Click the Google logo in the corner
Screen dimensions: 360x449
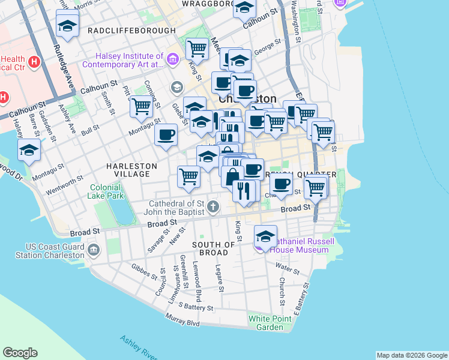pos(20,353)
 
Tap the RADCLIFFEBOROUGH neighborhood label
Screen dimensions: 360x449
pos(131,31)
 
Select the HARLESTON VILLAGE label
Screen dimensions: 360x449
pos(131,170)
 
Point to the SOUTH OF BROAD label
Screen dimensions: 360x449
pos(213,250)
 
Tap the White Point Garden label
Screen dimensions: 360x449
pos(266,323)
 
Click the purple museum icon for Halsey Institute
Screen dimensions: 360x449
pos(173,59)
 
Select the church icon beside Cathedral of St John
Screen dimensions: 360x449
pos(212,208)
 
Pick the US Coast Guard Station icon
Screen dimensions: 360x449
pos(93,250)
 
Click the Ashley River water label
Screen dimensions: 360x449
pos(137,348)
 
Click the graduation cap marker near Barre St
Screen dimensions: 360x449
pos(28,150)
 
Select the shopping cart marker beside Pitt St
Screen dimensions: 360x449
pos(141,107)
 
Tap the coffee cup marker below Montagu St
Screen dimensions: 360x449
pos(166,134)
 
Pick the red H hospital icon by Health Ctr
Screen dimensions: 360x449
pos(34,61)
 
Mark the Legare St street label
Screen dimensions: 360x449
pos(219,278)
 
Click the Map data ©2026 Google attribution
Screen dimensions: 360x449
pos(411,355)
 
